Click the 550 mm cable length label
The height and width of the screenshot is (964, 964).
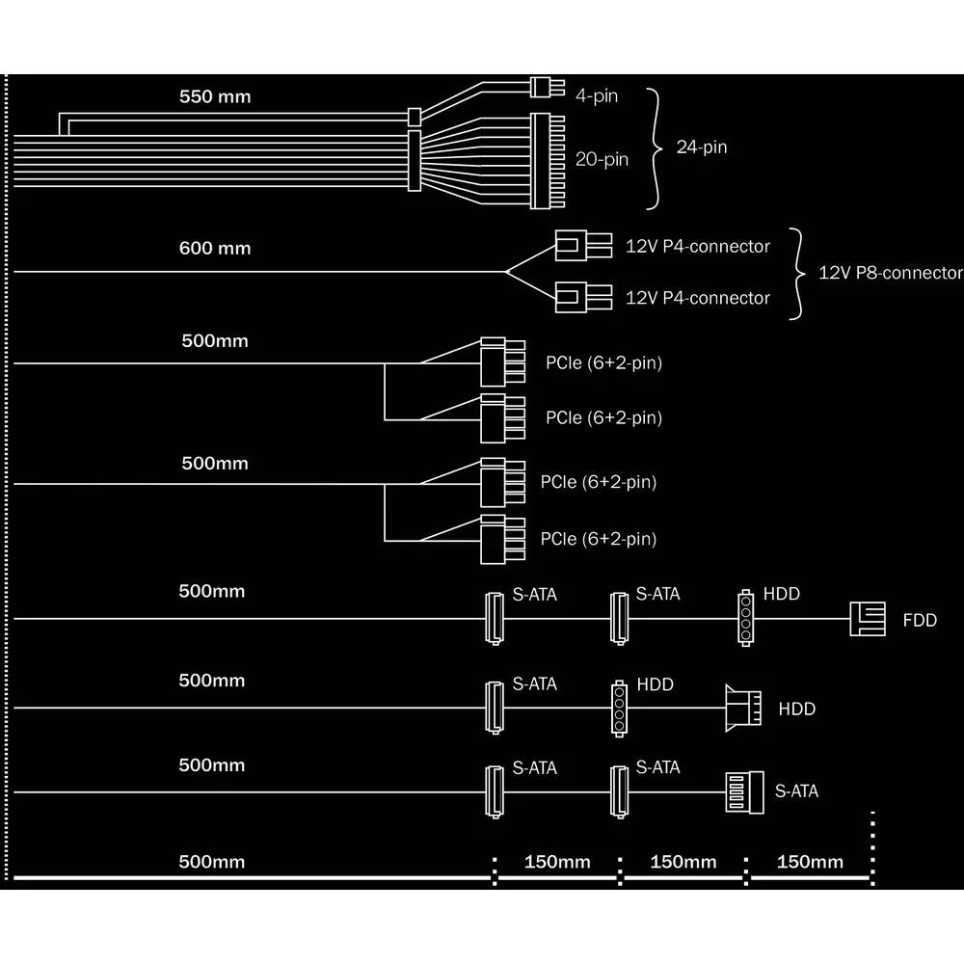click(214, 97)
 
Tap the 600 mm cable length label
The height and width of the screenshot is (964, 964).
click(214, 249)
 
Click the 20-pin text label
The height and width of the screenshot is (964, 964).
click(602, 159)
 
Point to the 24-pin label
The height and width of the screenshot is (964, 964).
click(702, 147)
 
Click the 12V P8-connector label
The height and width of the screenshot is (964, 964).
click(890, 272)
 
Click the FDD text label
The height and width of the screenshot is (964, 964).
click(919, 620)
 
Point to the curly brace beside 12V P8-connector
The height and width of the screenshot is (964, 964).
click(796, 273)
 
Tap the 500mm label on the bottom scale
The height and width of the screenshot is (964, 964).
click(212, 862)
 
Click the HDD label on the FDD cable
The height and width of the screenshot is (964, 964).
click(781, 594)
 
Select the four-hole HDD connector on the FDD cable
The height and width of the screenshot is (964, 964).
click(745, 618)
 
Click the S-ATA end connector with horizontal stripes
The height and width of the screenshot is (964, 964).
click(744, 792)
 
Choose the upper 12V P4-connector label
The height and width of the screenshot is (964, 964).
click(698, 246)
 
